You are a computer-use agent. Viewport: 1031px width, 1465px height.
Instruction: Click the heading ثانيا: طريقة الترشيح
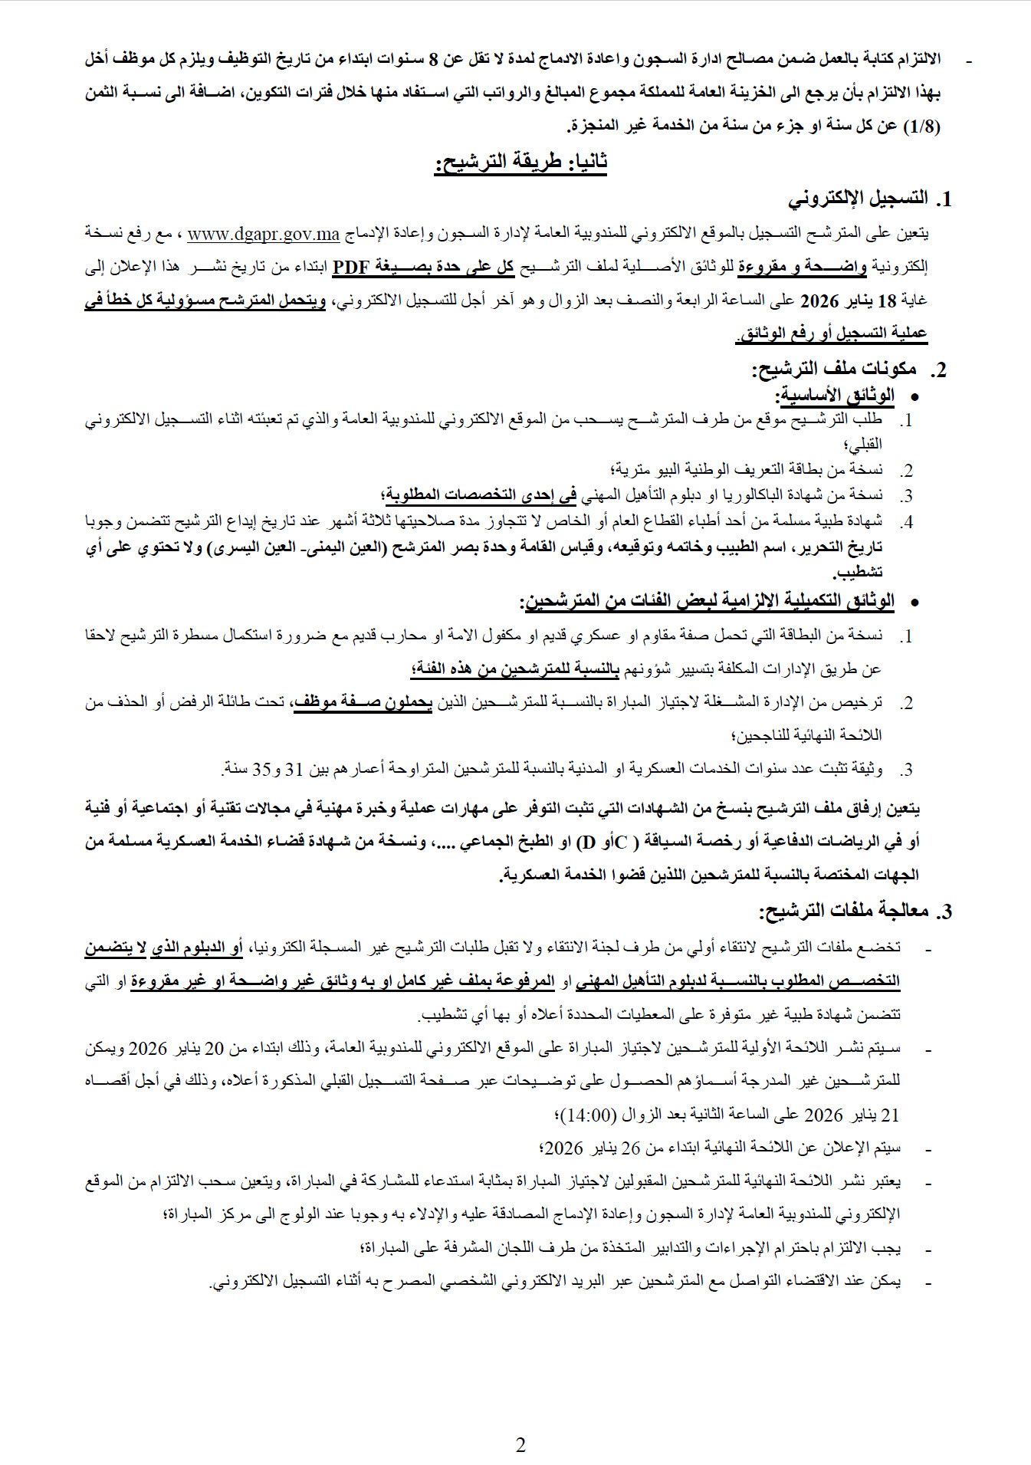pyautogui.click(x=521, y=163)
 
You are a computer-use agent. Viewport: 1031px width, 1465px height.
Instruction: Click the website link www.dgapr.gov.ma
pyautogui.click(x=263, y=234)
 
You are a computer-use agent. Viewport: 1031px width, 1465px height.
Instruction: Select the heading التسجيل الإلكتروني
pyautogui.click(x=859, y=199)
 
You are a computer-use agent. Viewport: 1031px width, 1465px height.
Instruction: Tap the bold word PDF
pyautogui.click(x=351, y=267)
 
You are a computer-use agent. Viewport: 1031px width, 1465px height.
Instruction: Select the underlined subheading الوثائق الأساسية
pyautogui.click(x=837, y=396)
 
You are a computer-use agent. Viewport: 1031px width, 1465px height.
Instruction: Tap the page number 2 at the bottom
pyautogui.click(x=520, y=1445)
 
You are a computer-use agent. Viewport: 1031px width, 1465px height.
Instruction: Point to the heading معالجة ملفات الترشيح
pyautogui.click(x=843, y=911)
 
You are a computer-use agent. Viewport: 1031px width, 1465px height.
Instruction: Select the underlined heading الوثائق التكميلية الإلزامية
pyautogui.click(x=708, y=601)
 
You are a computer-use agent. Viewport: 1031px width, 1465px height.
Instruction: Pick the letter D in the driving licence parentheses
pyautogui.click(x=587, y=842)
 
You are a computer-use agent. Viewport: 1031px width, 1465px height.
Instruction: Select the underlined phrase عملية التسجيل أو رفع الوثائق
pyautogui.click(x=832, y=333)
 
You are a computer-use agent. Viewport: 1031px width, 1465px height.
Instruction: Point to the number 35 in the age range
pyautogui.click(x=262, y=769)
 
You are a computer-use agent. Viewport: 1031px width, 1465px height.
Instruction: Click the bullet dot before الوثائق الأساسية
pyautogui.click(x=912, y=396)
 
